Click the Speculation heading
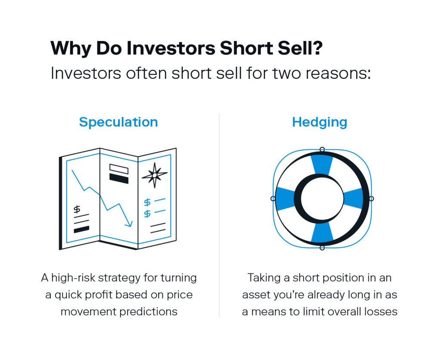click(118, 122)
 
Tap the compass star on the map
click(155, 175)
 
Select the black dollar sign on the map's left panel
click(77, 210)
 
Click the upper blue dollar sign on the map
click(147, 202)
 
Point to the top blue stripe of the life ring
click(322, 164)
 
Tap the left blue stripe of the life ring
click(285, 199)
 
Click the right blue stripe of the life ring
click(354, 199)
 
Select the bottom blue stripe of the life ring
click(322, 233)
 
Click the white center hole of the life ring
click(322, 199)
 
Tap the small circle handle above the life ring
click(322, 149)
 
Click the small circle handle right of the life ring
click(372, 199)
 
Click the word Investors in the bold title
click(171, 48)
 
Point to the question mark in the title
click(317, 48)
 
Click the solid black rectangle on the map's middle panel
click(119, 178)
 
